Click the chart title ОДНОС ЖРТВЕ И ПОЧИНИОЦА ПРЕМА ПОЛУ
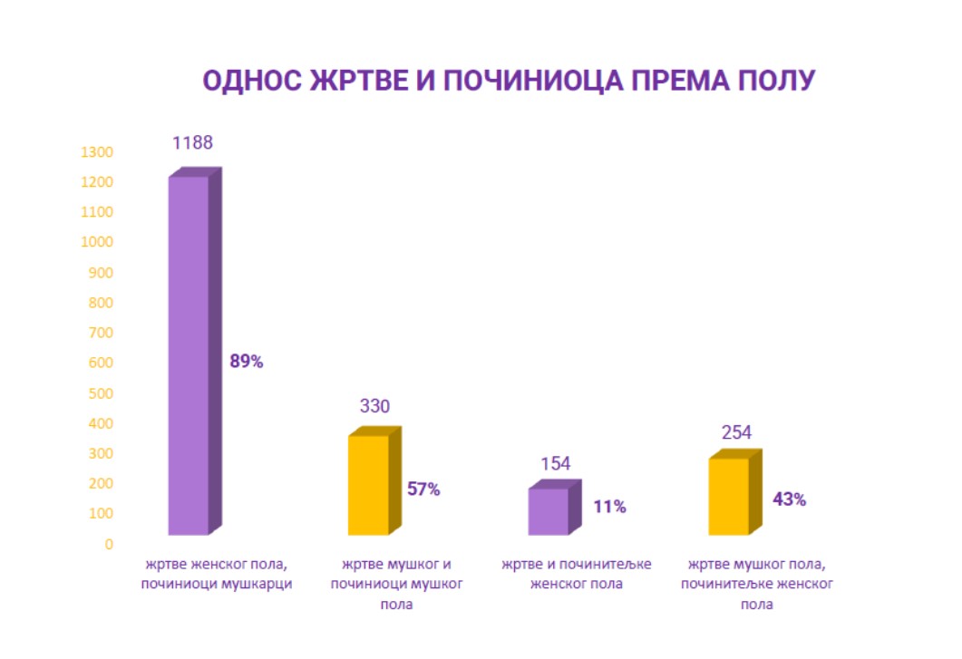point(509,81)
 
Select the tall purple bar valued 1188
point(189,354)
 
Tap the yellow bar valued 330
point(368,485)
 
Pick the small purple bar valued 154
point(548,511)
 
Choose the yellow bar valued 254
point(728,496)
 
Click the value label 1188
point(192,142)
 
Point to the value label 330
point(374,406)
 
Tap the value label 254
point(736,432)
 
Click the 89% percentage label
point(246,362)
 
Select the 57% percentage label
point(423,489)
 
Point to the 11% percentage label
point(609,507)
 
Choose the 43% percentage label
point(789,499)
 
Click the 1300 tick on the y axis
point(96,152)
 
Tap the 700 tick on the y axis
point(100,333)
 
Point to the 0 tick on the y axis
point(108,544)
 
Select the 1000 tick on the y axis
point(96,242)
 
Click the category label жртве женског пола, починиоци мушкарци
point(216,574)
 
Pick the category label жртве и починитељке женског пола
point(577,574)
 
